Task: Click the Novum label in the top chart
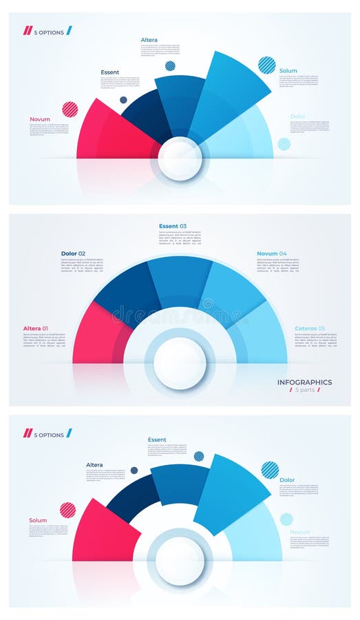point(40,119)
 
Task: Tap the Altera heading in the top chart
point(149,40)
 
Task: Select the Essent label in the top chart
point(109,72)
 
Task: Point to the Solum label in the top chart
point(288,71)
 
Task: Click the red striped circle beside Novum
point(70,109)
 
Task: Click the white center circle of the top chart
point(180,158)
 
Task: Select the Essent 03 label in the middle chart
point(172,226)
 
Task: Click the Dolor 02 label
point(73,254)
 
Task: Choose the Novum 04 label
point(271,254)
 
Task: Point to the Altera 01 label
point(36,328)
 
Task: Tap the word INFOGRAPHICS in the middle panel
point(304,382)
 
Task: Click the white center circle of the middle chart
point(180,363)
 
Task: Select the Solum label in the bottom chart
point(38,520)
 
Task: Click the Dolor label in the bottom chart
point(287,480)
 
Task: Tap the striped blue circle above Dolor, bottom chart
point(270,470)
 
